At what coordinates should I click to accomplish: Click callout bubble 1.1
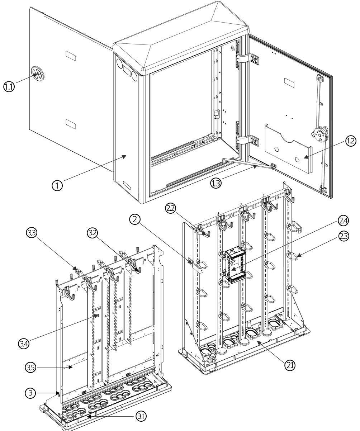pos(9,86)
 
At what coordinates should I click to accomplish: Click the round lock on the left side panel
pos(36,74)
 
